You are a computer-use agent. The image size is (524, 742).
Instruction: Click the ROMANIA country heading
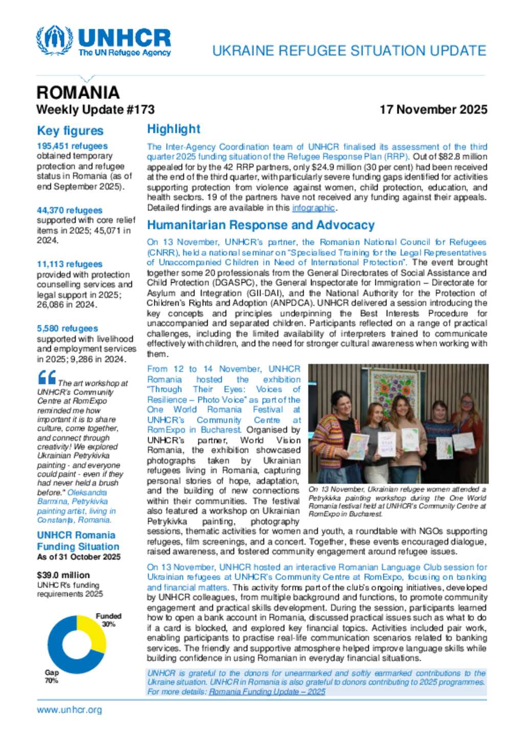[x=78, y=93]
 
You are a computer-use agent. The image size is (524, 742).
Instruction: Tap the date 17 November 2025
[x=433, y=110]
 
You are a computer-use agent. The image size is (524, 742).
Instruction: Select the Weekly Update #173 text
[x=95, y=110]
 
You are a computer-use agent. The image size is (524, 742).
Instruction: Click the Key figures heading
[x=70, y=131]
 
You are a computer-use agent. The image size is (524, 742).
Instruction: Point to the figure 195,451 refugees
[x=72, y=146]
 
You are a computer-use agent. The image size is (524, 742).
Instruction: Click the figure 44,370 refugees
[x=70, y=210]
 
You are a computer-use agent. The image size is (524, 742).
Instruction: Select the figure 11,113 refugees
[x=70, y=264]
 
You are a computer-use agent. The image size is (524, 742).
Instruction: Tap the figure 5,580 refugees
[x=67, y=329]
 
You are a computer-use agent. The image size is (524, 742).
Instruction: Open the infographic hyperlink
[x=313, y=208]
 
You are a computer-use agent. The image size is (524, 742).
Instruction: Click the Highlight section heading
[x=173, y=129]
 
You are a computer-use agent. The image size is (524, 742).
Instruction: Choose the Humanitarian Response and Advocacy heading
[x=260, y=225]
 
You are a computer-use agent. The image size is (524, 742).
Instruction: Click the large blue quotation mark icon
[x=47, y=378]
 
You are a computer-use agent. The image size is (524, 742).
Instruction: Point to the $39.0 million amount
[x=63, y=575]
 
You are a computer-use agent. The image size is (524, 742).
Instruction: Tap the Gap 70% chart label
[x=52, y=676]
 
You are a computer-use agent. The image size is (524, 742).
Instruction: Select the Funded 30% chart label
[x=108, y=620]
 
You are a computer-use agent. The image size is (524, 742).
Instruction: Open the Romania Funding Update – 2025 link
[x=267, y=692]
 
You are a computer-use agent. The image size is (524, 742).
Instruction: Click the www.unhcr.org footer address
[x=69, y=710]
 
